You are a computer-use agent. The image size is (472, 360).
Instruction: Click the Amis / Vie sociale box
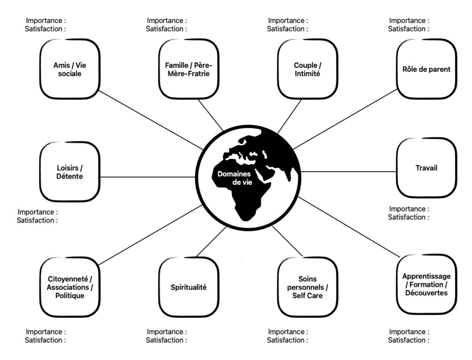tap(70, 69)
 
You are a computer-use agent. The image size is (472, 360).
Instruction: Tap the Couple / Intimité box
tap(307, 69)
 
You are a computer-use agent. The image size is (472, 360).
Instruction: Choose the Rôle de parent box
tap(426, 69)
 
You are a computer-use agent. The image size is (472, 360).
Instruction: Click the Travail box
tap(426, 168)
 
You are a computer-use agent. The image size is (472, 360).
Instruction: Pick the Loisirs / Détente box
tap(70, 172)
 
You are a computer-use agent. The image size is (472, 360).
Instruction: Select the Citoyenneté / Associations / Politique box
tap(70, 287)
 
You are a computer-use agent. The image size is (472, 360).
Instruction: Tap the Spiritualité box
tap(188, 287)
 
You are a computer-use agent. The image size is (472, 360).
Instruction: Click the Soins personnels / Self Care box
tap(307, 287)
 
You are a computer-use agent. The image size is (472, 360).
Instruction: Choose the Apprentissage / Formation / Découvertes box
tap(426, 284)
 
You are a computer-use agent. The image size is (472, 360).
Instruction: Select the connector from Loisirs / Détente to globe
tap(147, 177)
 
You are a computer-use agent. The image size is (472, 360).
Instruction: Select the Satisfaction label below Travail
tap(408, 217)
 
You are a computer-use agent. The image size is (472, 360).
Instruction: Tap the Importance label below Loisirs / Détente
tap(37, 212)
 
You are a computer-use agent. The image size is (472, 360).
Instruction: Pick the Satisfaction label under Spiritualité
tap(166, 340)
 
